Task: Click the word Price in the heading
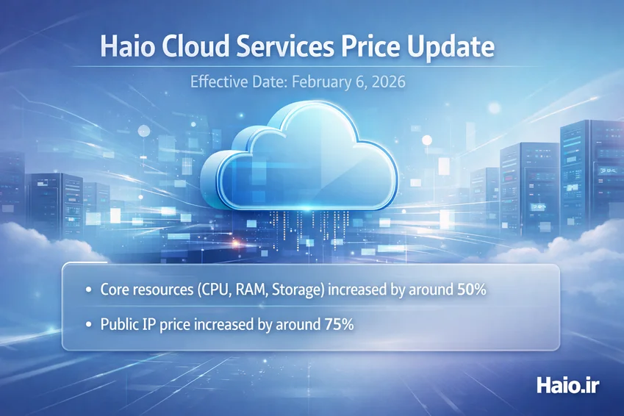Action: click(x=370, y=46)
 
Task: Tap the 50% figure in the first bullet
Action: click(x=472, y=290)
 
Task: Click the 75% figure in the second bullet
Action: click(x=339, y=324)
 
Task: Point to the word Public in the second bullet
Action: click(x=118, y=324)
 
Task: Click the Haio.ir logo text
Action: click(x=568, y=386)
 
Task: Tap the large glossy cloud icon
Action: click(x=299, y=155)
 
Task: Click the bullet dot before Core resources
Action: click(x=88, y=290)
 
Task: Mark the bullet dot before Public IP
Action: click(x=88, y=325)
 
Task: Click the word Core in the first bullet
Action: click(x=114, y=290)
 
